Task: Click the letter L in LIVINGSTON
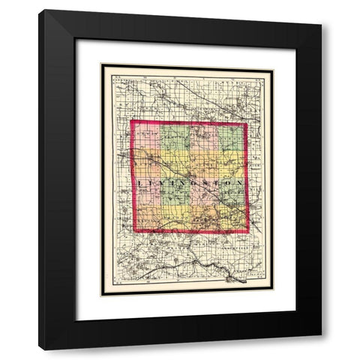point(140,182)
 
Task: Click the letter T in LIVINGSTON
point(211,182)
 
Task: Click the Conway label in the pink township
point(147,133)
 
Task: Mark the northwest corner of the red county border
point(133,122)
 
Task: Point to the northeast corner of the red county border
point(247,122)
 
